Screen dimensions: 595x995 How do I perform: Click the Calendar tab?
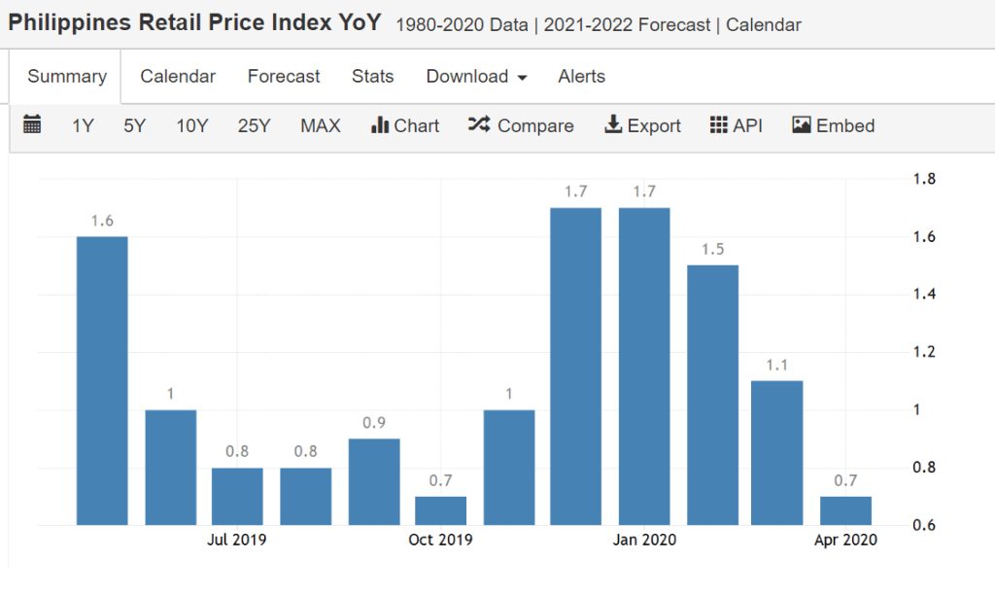coord(178,77)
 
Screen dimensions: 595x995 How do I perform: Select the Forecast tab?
coord(284,77)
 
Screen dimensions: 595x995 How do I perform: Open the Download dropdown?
coord(476,77)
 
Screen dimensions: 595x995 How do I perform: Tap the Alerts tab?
coord(581,77)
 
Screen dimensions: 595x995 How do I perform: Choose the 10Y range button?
coord(191,126)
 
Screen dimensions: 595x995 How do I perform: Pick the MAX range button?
coord(320,126)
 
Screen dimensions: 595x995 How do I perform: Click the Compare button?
coord(521,126)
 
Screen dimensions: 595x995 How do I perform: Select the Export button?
coord(642,126)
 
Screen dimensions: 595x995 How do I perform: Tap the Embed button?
coord(834,126)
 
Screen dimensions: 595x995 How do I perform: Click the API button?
coord(737,126)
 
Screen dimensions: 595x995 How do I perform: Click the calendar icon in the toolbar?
coord(32,125)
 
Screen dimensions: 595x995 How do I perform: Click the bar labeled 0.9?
coord(374,482)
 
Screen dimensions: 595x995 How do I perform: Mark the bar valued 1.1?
coord(777,453)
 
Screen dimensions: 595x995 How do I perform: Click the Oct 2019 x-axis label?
coord(440,541)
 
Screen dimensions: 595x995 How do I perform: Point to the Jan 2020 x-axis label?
coord(645,541)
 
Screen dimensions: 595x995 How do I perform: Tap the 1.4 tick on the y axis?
coord(925,295)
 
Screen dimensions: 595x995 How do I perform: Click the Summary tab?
coord(66,77)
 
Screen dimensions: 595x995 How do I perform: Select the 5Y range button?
coord(135,126)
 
